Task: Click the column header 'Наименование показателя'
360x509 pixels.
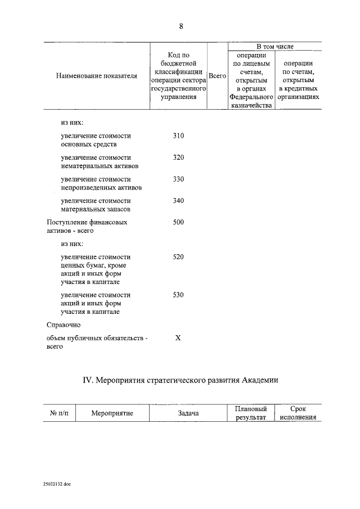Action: [x=97, y=76]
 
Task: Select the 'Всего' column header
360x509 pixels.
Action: [x=217, y=75]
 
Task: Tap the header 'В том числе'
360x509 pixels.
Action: [x=274, y=46]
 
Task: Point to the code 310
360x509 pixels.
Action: [x=178, y=136]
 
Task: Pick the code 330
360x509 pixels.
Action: [x=178, y=179]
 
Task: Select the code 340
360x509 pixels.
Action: [x=178, y=200]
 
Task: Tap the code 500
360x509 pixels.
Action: [x=178, y=222]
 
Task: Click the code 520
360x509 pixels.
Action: [x=178, y=256]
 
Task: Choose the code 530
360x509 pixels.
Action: [x=178, y=295]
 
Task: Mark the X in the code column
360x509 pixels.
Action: [x=178, y=337]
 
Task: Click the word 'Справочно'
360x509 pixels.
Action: [x=63, y=325]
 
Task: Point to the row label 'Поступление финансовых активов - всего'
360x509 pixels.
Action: [x=87, y=226]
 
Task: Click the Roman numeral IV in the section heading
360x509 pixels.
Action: [x=88, y=380]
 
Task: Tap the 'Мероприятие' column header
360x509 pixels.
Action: [x=112, y=413]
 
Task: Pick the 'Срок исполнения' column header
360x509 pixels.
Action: [x=298, y=413]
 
